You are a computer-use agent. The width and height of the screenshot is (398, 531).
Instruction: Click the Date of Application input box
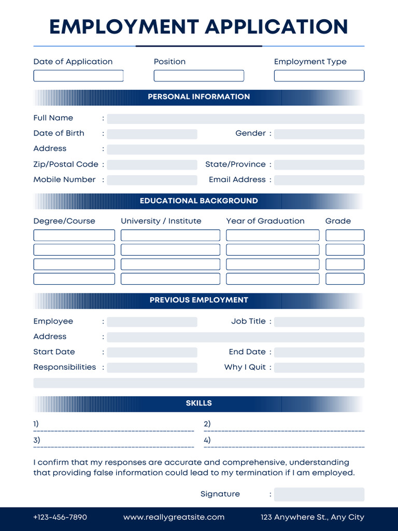click(x=78, y=76)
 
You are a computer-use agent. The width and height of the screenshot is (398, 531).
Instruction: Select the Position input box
click(x=198, y=76)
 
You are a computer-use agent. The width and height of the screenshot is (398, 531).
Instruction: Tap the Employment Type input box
click(x=319, y=76)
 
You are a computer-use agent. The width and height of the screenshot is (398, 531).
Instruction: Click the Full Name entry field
click(x=235, y=119)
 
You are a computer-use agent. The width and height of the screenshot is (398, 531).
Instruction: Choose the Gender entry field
click(x=319, y=134)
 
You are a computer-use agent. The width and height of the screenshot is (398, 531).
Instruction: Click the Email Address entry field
click(x=319, y=180)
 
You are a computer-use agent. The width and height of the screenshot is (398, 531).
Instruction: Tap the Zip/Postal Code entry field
click(x=152, y=165)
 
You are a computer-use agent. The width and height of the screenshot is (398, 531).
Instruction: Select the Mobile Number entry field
click(x=152, y=180)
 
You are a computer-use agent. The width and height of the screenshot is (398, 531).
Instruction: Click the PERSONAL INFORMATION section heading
click(x=198, y=97)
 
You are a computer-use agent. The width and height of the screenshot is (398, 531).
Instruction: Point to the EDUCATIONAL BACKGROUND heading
click(x=198, y=201)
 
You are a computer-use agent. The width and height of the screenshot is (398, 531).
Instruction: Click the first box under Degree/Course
click(x=74, y=235)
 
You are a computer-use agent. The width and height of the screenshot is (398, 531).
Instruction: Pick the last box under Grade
click(x=345, y=279)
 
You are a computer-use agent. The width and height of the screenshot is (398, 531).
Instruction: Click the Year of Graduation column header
click(x=265, y=221)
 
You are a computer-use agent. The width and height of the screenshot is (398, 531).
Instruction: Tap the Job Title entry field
click(x=319, y=322)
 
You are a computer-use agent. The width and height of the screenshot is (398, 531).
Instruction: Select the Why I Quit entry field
click(x=319, y=368)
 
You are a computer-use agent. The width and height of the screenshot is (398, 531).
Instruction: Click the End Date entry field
click(x=319, y=353)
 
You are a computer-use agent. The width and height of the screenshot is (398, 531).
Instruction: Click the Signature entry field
click(x=319, y=495)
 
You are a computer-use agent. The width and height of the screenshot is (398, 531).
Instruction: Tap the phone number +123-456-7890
click(x=60, y=518)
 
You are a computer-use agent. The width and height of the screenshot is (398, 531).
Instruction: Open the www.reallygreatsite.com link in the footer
click(x=174, y=518)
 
